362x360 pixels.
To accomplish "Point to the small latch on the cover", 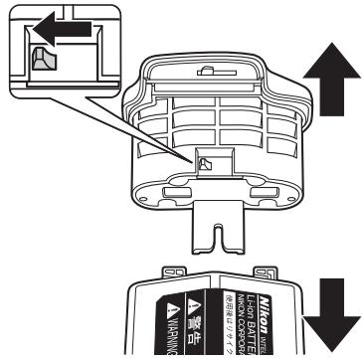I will (206, 162).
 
